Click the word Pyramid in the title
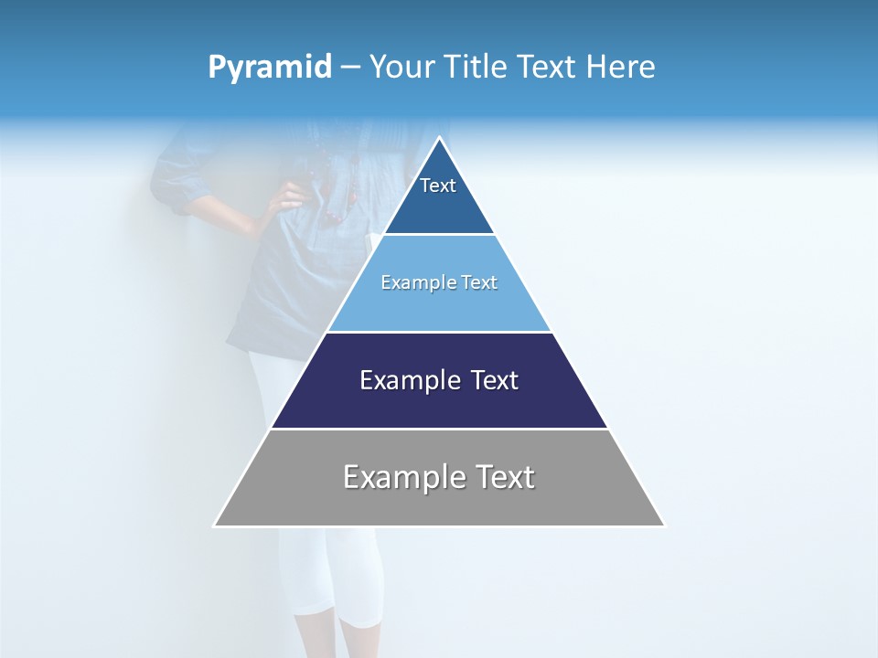tap(270, 68)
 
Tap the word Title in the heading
tap(479, 67)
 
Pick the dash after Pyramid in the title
tap(349, 68)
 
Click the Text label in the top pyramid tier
tap(438, 186)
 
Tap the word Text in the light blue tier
tap(480, 283)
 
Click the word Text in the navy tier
tap(495, 380)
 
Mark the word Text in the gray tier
tap(506, 477)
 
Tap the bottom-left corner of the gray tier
tap(215, 525)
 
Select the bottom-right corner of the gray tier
tap(664, 525)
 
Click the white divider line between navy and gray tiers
tap(439, 429)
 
